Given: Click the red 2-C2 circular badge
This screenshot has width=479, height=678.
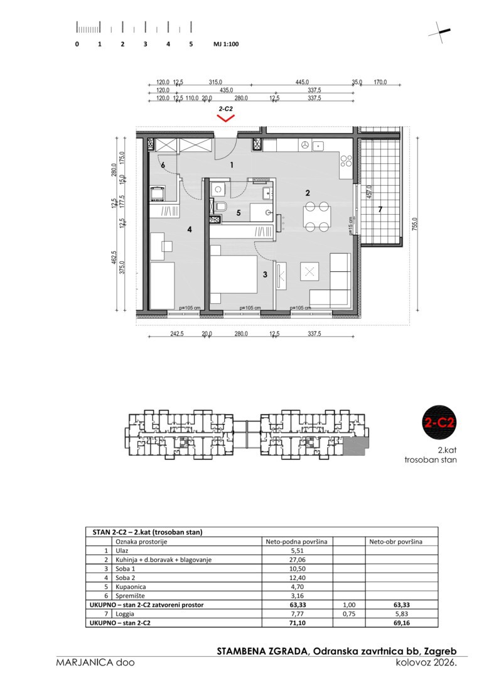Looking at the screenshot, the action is coord(439,422).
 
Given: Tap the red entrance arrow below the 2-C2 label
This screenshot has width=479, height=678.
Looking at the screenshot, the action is coord(225,117).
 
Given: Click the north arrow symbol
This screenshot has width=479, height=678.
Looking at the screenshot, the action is coord(440,32).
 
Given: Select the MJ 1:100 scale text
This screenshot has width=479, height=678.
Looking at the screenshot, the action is coord(225,44).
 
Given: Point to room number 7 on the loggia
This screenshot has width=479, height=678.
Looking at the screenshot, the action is coord(380,210).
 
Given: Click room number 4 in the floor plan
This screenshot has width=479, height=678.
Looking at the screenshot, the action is coord(190,230).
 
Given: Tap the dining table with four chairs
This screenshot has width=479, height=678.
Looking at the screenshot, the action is coord(317,216).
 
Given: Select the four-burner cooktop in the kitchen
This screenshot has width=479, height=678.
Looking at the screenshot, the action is coord(347,161).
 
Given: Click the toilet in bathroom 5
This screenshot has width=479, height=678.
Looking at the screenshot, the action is coord(220,207).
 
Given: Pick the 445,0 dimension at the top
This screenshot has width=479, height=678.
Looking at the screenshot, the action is coord(302,82).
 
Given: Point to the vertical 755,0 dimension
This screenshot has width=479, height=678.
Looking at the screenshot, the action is coord(415,224).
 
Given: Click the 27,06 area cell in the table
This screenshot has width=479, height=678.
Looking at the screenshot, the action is coord(298,559).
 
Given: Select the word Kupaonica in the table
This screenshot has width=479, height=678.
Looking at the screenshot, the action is coord(131,587).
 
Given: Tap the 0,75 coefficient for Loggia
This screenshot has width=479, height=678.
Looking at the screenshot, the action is coord(349,613).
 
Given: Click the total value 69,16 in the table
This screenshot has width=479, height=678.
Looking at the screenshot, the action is coord(401,623).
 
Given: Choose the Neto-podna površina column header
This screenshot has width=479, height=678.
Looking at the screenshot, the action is coord(296,541).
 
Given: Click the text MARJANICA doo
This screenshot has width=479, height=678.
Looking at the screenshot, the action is coord(95,662).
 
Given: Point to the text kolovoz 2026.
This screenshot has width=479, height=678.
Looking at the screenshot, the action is coord(426,662).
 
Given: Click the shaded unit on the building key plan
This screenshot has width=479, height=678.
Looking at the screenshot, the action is coord(355,445).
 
